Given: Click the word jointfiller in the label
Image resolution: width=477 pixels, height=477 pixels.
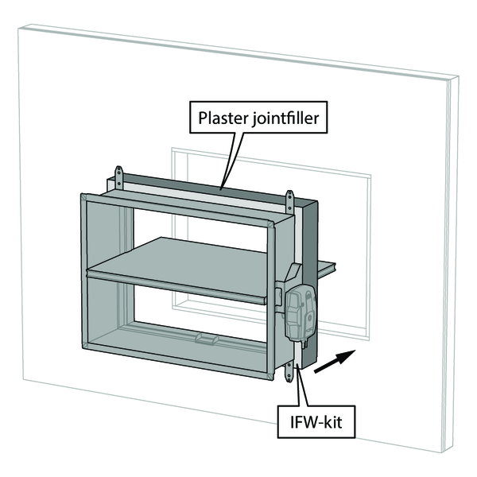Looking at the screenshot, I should point(288,122).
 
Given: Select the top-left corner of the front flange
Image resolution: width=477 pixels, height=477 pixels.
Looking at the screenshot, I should point(81,194).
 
